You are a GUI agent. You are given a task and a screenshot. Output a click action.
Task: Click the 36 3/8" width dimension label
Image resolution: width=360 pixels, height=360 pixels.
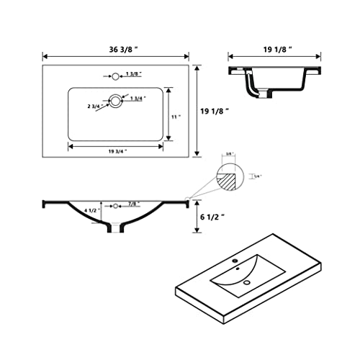pos(116,50)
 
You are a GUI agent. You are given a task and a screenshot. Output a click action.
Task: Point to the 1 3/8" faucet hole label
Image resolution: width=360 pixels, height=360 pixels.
pos(133,75)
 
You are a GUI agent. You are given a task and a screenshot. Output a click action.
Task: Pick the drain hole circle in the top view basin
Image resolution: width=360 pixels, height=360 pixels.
pos(115,100)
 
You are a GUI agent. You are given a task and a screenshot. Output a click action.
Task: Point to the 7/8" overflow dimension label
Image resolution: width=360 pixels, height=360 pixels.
pos(133,204)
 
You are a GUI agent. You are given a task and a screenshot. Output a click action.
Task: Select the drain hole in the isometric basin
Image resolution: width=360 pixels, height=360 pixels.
pos(247,282)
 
